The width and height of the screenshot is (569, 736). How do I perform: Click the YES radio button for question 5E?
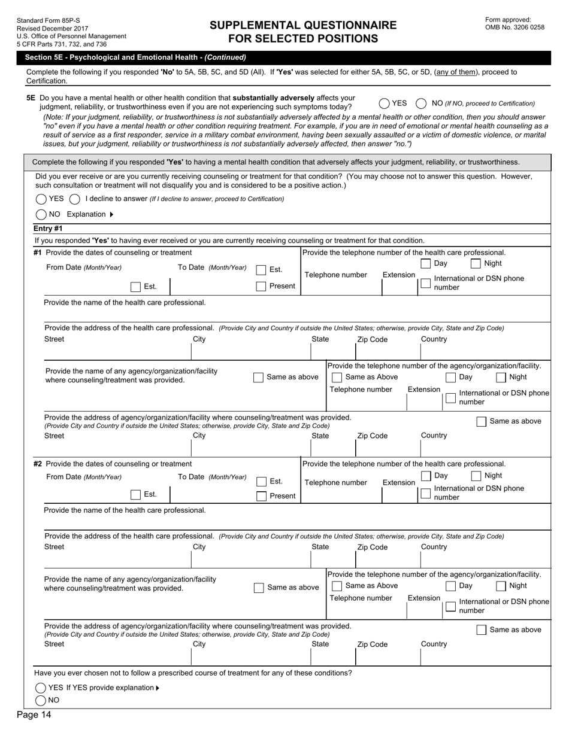pyautogui.click(x=385, y=104)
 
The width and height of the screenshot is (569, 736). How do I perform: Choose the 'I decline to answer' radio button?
pyautogui.click(x=75, y=199)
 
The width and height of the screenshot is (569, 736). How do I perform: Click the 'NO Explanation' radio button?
pyautogui.click(x=41, y=214)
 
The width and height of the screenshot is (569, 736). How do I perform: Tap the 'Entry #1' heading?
pyautogui.click(x=48, y=229)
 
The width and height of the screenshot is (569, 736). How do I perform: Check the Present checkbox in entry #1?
pyautogui.click(x=261, y=286)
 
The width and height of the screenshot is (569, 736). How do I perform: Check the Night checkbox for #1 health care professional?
pyautogui.click(x=476, y=263)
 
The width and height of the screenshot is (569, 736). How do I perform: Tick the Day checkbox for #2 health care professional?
pyautogui.click(x=426, y=476)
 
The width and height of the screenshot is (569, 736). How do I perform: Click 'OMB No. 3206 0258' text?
pyautogui.click(x=514, y=27)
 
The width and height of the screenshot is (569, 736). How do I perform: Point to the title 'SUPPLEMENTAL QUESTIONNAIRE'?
pyautogui.click(x=303, y=25)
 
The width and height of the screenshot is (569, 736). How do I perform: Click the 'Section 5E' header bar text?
pyautogui.click(x=135, y=57)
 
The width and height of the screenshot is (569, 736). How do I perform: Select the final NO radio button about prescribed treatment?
pyautogui.click(x=41, y=700)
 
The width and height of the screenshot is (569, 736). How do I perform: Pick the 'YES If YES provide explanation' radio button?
pyautogui.click(x=41, y=688)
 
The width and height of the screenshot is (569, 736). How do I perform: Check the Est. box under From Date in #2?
pyautogui.click(x=136, y=494)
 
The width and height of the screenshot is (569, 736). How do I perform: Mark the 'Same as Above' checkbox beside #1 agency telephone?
pyautogui.click(x=337, y=377)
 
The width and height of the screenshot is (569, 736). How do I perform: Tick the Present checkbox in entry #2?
pyautogui.click(x=261, y=495)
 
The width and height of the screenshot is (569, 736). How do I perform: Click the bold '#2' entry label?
pyautogui.click(x=38, y=464)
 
